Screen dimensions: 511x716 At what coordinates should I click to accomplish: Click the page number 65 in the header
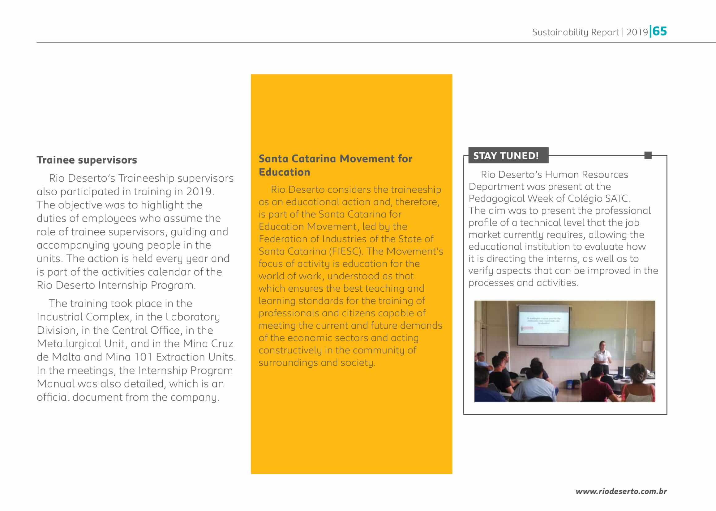point(660,31)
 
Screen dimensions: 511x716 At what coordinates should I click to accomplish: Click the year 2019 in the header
point(637,32)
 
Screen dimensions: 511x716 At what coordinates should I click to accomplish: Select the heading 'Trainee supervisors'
point(87,160)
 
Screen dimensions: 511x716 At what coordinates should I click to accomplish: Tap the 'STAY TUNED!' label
point(506,155)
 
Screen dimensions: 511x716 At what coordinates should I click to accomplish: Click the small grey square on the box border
point(648,155)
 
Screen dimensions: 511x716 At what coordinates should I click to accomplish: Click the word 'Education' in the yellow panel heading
point(285,172)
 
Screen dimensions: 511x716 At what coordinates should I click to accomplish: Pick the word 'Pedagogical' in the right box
point(496,199)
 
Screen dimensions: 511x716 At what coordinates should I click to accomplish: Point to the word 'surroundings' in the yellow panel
point(288,362)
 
